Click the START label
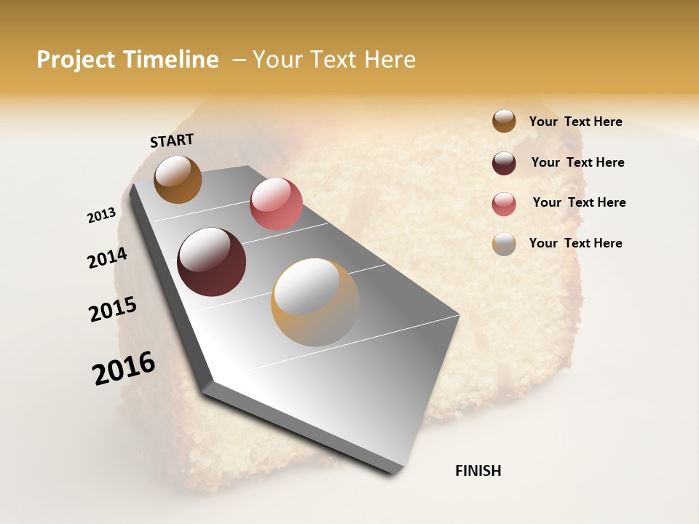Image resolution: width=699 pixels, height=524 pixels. [x=172, y=140]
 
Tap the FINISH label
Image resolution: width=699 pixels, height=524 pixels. [x=478, y=471]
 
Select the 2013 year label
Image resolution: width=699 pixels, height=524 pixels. [x=102, y=215]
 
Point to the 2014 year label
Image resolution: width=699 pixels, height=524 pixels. [x=107, y=258]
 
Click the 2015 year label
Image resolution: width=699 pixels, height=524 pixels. [x=113, y=309]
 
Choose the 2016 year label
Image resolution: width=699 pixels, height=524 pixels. [x=124, y=368]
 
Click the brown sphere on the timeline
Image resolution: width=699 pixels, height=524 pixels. [x=178, y=179]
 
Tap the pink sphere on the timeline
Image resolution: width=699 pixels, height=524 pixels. [x=276, y=204]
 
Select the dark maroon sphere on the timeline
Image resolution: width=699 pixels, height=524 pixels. [x=211, y=262]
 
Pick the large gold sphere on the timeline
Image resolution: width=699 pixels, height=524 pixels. [x=315, y=302]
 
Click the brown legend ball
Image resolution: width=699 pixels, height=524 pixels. [x=504, y=122]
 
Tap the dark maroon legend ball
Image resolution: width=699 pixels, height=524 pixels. [x=504, y=163]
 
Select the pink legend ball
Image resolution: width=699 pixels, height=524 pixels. [x=504, y=204]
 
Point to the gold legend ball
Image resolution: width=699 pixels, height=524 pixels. [x=504, y=244]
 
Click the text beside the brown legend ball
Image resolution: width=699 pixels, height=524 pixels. [x=575, y=122]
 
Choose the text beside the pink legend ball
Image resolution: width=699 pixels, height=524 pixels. [x=579, y=202]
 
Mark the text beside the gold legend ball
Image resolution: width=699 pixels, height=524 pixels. [x=575, y=243]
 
